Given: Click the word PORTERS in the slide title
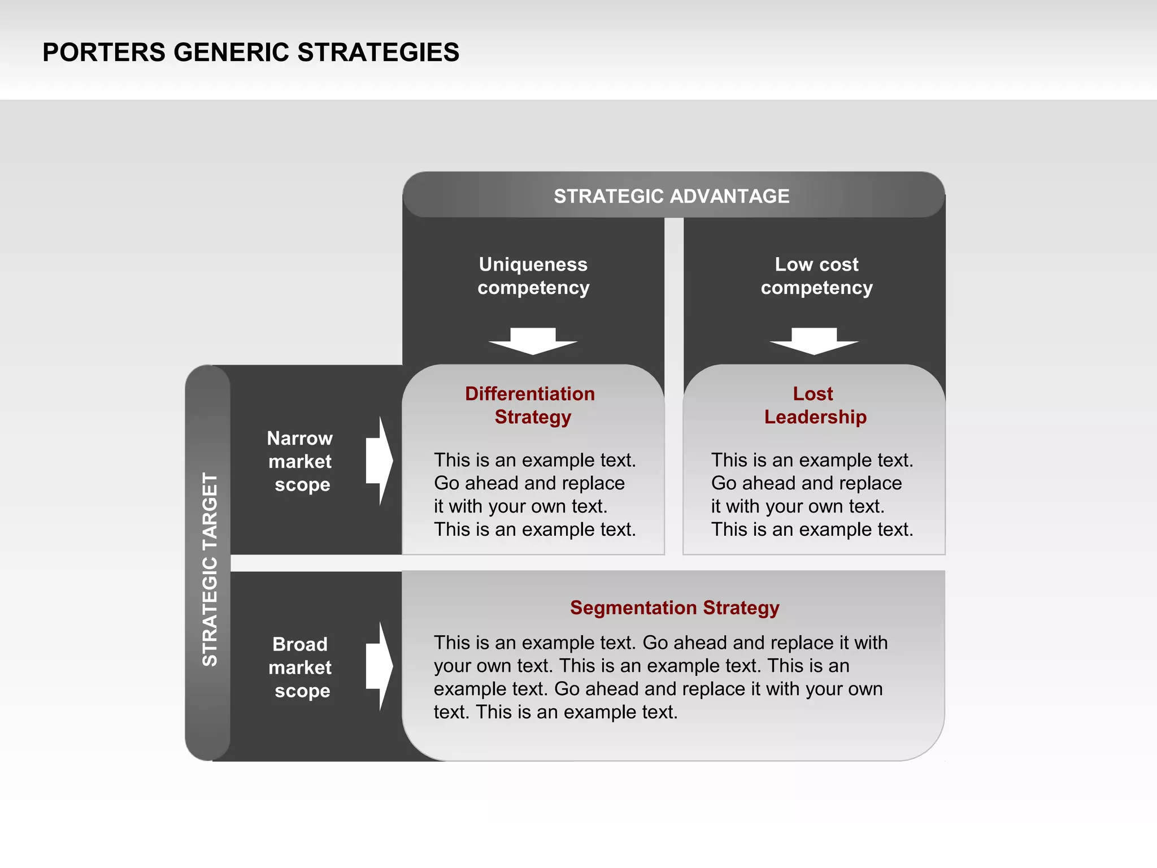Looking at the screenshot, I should [103, 53].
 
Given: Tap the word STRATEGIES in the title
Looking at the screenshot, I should [378, 53].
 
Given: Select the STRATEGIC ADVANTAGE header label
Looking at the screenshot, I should [671, 196].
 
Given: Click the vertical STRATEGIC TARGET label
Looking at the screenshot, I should [210, 569].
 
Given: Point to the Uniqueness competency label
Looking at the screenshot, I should [533, 276].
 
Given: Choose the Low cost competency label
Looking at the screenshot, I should [816, 276].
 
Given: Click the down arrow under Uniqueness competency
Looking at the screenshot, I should [533, 341].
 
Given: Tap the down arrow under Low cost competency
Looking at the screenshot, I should [814, 341].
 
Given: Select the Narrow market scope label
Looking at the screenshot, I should [300, 461].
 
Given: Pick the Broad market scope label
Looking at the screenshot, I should [300, 667].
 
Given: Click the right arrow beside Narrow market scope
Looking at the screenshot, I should [379, 461].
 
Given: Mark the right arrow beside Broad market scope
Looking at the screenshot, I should [379, 667].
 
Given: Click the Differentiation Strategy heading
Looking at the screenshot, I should [530, 405].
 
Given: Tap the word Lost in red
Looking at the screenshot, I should [812, 393].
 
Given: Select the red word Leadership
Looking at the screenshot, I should [815, 417].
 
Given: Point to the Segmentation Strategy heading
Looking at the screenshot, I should [675, 607].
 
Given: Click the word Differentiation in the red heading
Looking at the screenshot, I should [529, 393].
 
